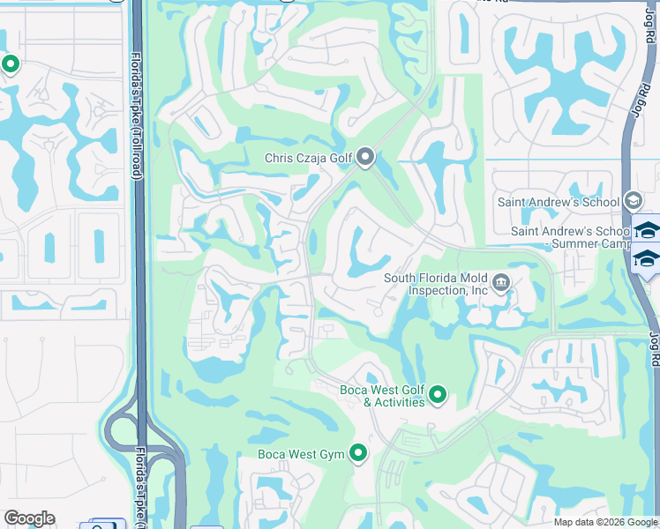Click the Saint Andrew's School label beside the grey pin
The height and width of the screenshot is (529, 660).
point(559,202)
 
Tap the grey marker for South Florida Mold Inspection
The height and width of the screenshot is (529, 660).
point(501,282)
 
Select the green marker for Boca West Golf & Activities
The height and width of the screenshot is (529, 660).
point(437,395)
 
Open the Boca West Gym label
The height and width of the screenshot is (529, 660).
point(299,454)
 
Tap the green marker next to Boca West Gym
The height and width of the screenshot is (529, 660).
point(357,453)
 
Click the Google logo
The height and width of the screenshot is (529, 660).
point(29,518)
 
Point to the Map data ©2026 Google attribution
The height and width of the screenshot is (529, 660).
point(605,522)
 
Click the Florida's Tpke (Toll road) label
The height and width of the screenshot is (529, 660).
point(137,115)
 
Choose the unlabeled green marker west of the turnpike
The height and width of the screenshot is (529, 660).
point(11,64)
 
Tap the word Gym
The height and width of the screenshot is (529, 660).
point(332,454)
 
